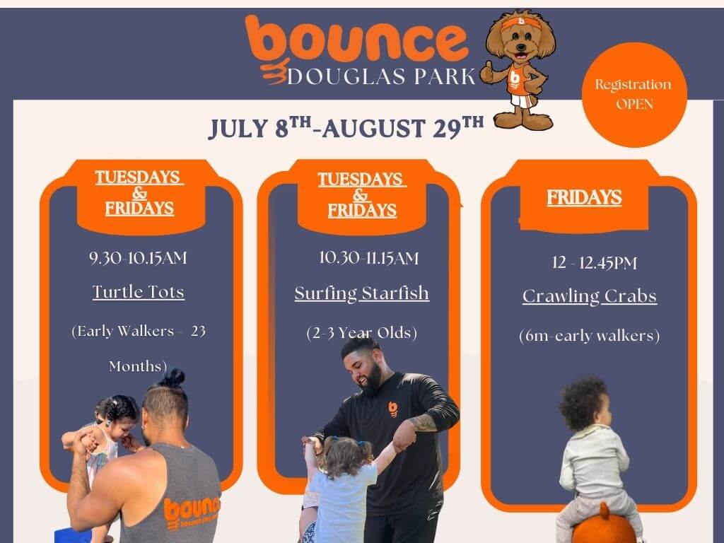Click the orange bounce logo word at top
356,40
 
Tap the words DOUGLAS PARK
381,76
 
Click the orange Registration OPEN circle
634,95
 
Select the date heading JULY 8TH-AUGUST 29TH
346,127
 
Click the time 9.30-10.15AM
139,257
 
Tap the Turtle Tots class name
139,292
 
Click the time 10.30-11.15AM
369,257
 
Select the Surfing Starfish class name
362,293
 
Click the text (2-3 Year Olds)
362,333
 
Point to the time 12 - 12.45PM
595,263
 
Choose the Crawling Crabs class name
590,296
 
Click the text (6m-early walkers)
590,335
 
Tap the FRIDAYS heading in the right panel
584,198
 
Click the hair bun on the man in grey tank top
173,378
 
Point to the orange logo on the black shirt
393,409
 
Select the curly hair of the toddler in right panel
583,402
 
